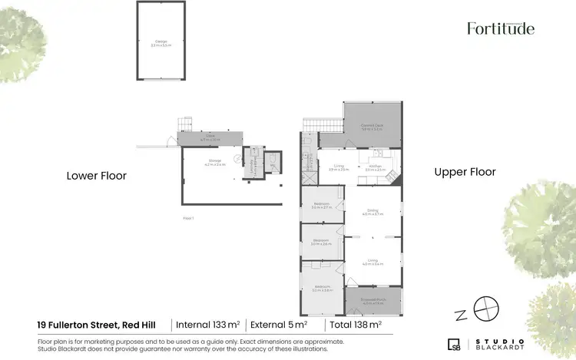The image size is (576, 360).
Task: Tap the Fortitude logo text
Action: tap(501, 28)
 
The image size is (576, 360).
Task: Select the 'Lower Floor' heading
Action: tap(96, 176)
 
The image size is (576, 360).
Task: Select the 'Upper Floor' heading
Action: tap(465, 172)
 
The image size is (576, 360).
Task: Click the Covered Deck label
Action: tap(372, 128)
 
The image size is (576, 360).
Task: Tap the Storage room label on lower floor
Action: tap(214, 162)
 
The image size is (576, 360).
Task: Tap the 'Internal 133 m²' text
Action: tap(208, 324)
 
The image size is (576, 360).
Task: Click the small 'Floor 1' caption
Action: tap(188, 219)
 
